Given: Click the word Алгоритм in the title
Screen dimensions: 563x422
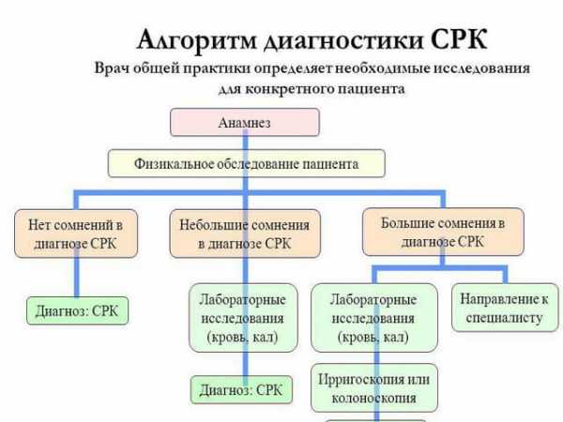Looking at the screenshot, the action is click(x=197, y=39).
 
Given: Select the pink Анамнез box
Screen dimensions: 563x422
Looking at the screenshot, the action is click(x=245, y=122).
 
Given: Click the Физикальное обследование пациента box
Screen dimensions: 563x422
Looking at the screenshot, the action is click(x=246, y=163).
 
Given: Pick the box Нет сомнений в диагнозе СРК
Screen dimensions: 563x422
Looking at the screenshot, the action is click(x=76, y=234).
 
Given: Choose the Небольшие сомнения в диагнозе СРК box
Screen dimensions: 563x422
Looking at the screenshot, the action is click(x=245, y=234).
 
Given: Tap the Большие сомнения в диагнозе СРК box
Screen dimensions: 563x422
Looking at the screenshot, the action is click(x=443, y=232).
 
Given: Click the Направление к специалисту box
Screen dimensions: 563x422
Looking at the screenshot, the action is click(x=505, y=308).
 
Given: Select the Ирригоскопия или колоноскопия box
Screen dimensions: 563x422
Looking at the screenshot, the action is click(x=374, y=388).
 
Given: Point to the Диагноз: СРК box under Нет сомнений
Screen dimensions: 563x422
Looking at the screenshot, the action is click(x=77, y=310).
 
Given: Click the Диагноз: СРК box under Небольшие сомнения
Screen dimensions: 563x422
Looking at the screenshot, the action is click(x=241, y=390).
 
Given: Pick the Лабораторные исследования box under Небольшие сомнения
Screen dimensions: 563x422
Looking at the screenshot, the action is click(x=243, y=318).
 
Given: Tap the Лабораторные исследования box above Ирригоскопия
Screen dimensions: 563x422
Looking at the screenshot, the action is click(x=374, y=318).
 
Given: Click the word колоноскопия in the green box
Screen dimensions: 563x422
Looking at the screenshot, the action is click(x=373, y=398).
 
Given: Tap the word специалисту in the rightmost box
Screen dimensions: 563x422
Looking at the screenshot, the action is click(x=504, y=318).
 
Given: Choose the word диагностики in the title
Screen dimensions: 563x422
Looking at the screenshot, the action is click(x=344, y=40).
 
